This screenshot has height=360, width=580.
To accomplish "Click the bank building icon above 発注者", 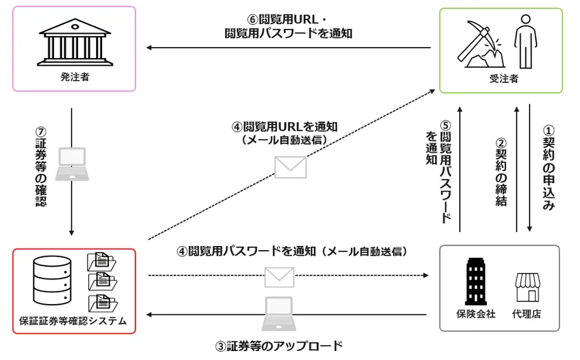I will (75, 42).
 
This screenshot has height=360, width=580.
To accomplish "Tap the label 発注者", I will (75, 77).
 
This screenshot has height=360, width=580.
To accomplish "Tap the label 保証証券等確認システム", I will (73, 321).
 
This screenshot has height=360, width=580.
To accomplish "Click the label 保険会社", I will (477, 314).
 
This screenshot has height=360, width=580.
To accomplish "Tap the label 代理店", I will (528, 314).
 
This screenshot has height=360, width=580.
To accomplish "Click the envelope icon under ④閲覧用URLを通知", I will (290, 166).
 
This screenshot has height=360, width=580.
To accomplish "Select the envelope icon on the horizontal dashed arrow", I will (280, 276).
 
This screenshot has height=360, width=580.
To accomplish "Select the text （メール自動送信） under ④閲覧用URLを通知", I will (284, 140).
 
